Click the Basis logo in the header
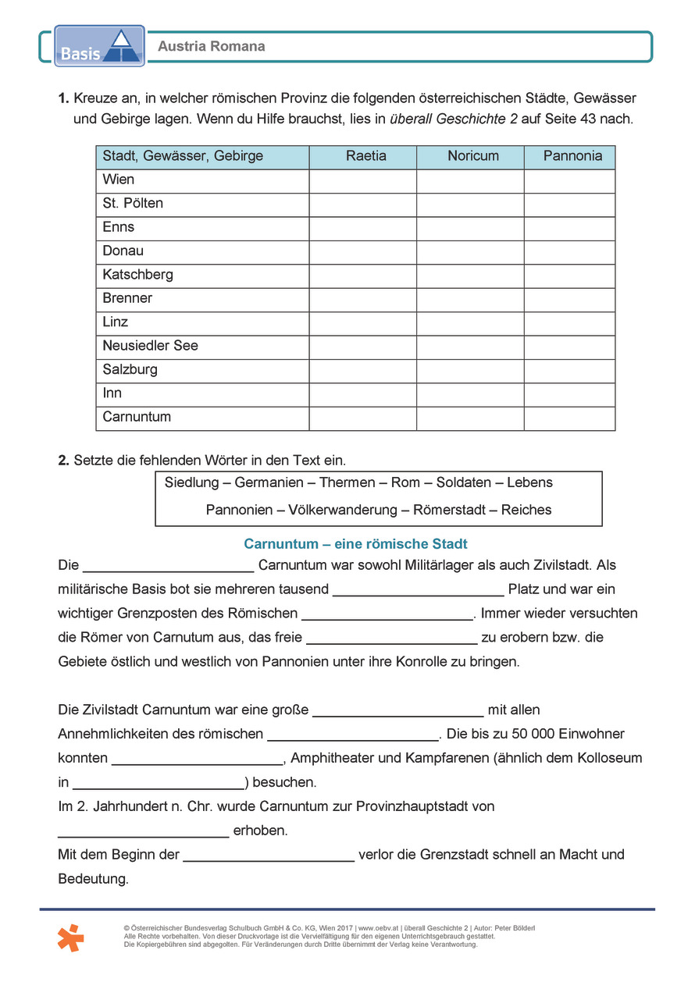(x=99, y=45)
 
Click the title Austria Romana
(x=211, y=47)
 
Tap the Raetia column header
(x=365, y=156)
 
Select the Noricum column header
(x=472, y=156)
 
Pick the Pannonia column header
(x=572, y=156)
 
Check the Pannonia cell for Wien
(x=569, y=180)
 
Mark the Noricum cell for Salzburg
(x=469, y=370)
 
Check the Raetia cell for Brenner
(x=362, y=299)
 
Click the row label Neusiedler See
(x=150, y=346)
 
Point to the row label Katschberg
(x=137, y=275)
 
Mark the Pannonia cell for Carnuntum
(x=569, y=418)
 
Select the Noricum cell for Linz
(x=469, y=322)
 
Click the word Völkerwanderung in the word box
(x=343, y=511)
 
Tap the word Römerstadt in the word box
(x=451, y=511)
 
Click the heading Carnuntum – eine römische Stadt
(x=355, y=544)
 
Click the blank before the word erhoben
(x=143, y=830)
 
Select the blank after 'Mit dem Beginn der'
(x=269, y=854)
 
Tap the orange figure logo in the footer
(x=70, y=937)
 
